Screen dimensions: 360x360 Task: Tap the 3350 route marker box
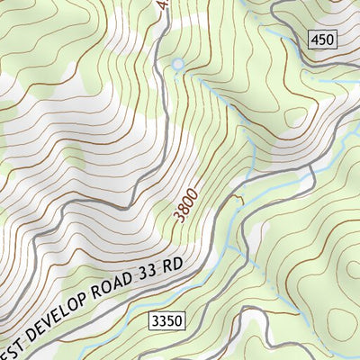pyautogui.click(x=166, y=321)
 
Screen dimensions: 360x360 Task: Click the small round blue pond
pyautogui.click(x=177, y=64)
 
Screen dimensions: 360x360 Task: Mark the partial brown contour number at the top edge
pyautogui.click(x=162, y=4)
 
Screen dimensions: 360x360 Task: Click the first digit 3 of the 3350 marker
pyautogui.click(x=155, y=321)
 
